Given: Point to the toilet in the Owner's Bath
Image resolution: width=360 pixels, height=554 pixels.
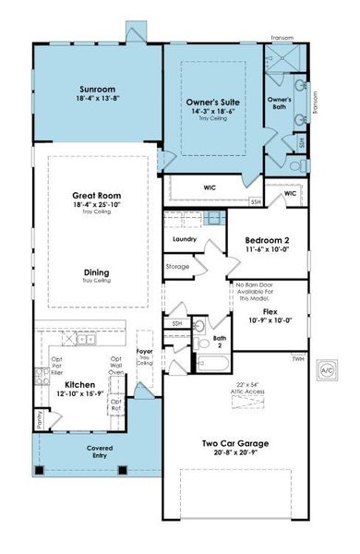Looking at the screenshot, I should pyautogui.click(x=294, y=167).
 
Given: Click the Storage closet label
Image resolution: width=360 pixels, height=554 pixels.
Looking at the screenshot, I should pyautogui.click(x=178, y=267).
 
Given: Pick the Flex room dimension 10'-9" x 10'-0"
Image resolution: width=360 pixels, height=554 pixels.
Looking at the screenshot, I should pyautogui.click(x=270, y=320).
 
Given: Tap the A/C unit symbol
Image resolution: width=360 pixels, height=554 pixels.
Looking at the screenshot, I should pyautogui.click(x=325, y=369).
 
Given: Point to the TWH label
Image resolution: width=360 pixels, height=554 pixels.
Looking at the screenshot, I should pyautogui.click(x=297, y=357).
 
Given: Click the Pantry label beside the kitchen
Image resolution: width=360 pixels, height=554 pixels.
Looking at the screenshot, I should pyautogui.click(x=39, y=420).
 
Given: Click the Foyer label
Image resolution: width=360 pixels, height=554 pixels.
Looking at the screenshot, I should pyautogui.click(x=144, y=351).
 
